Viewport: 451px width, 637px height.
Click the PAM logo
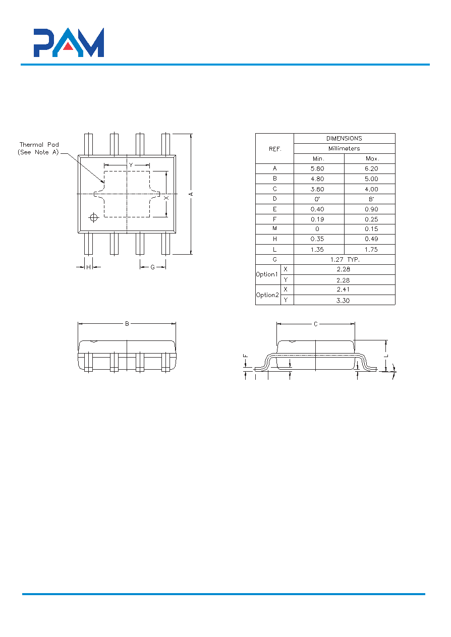point(69,42)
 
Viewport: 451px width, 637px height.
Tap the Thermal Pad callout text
point(38,148)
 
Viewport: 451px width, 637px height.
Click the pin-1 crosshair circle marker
point(93,217)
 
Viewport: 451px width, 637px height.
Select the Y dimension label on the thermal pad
point(131,165)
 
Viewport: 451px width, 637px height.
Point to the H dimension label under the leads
point(88,267)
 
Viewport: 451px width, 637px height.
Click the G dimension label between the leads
point(153,267)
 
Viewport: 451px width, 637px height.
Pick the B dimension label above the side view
point(127,324)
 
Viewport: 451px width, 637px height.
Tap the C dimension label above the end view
point(316,324)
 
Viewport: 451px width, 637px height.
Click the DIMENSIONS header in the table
point(344,139)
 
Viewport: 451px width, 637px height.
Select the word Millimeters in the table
point(344,148)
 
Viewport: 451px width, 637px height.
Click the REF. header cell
point(275,149)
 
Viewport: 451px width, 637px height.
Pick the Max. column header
point(372,159)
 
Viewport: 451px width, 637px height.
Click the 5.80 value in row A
point(317,168)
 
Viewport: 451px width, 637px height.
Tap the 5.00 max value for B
point(371,179)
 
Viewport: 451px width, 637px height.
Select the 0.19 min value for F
point(317,219)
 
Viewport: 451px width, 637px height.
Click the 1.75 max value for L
point(371,249)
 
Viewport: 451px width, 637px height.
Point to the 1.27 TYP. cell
point(345,259)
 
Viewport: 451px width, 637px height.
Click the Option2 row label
point(267,295)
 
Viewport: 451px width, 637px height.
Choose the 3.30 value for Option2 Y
point(343,300)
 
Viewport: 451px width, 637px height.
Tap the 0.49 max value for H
point(371,239)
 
